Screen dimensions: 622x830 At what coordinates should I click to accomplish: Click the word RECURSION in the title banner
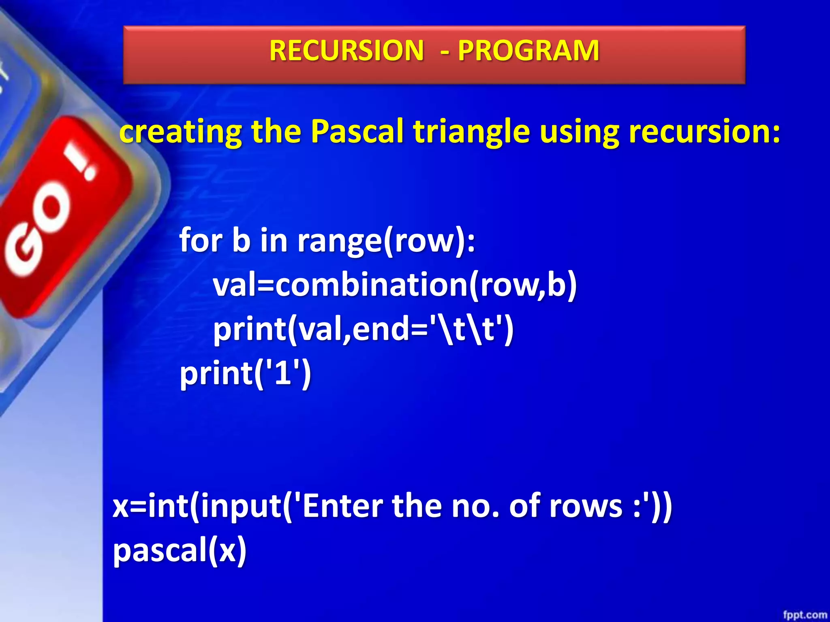point(347,51)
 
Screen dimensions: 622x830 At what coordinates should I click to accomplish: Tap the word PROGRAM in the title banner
point(528,51)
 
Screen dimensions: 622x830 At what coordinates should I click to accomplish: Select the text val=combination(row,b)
point(395,285)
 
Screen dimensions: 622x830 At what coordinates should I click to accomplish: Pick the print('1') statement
point(246,373)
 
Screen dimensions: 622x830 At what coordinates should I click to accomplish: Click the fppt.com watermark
point(804,615)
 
